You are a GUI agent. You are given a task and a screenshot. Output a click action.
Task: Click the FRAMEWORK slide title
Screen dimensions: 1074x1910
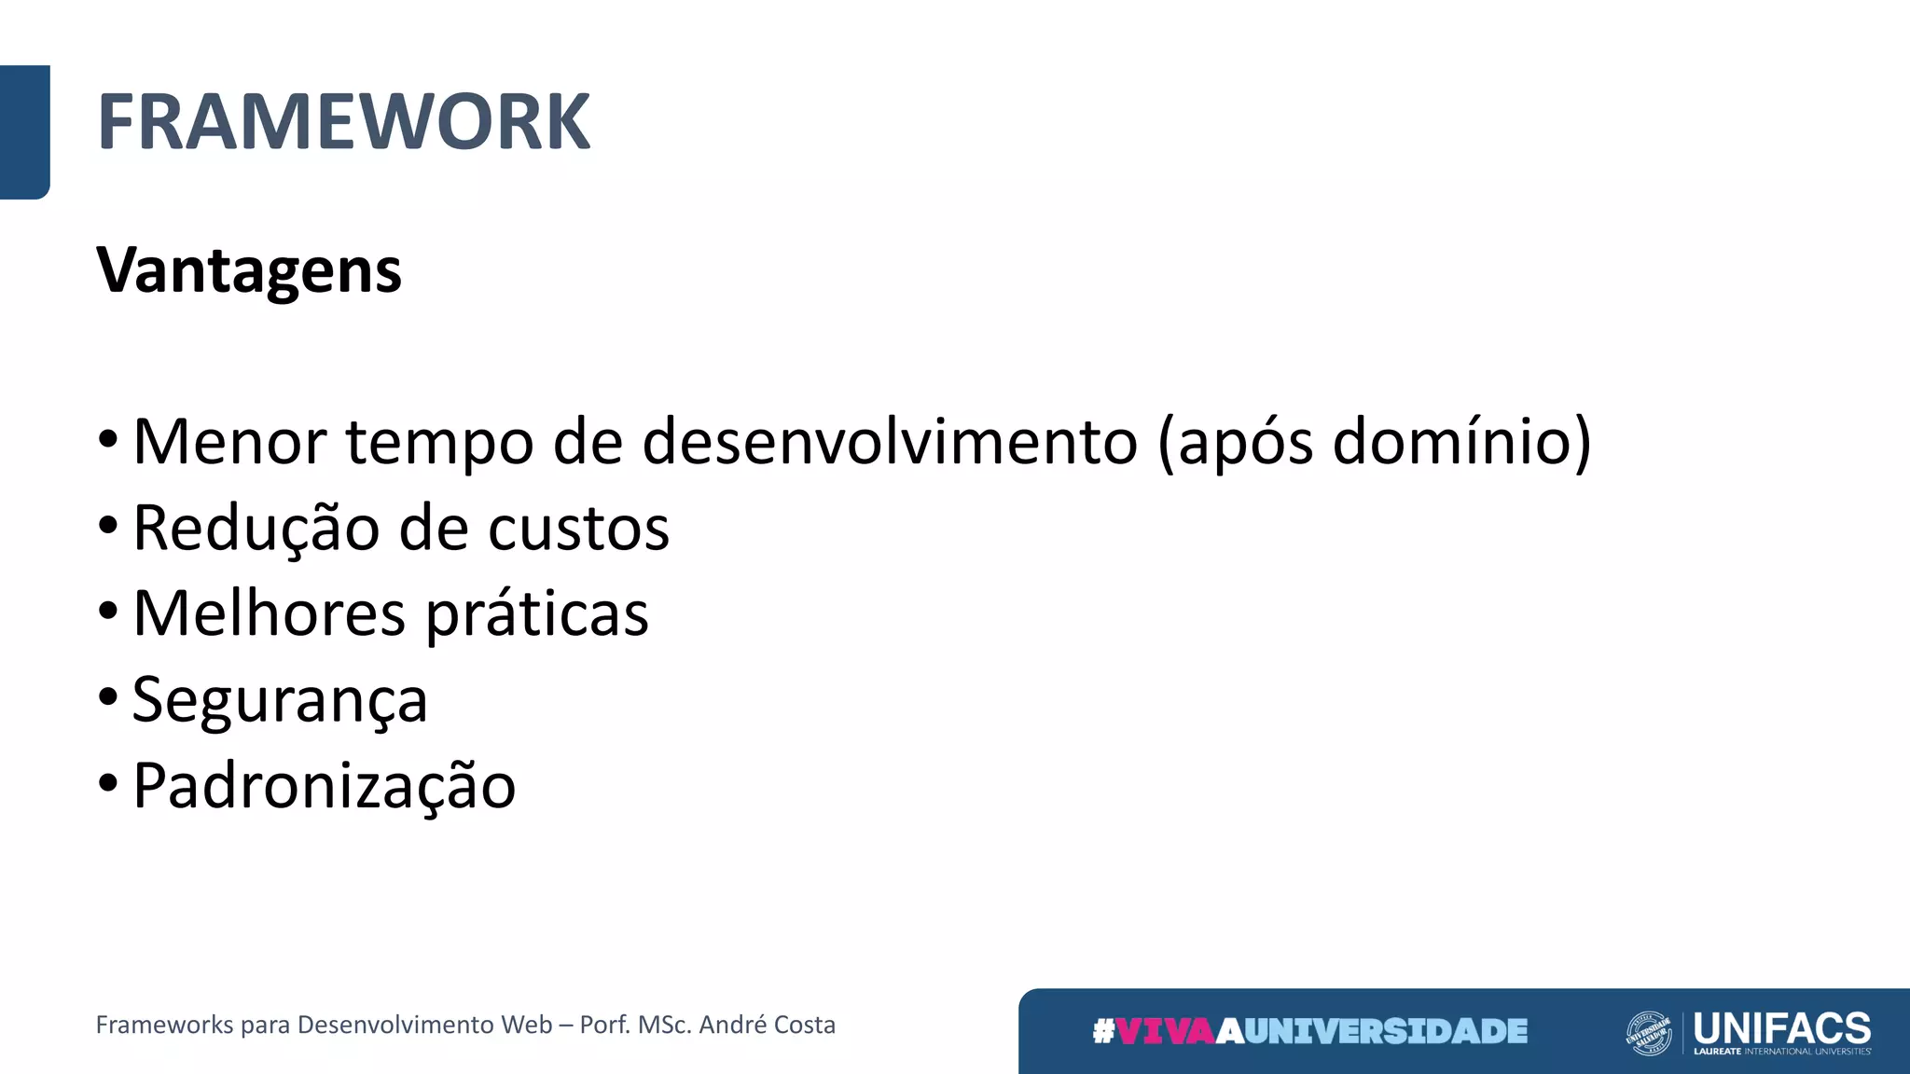(x=343, y=122)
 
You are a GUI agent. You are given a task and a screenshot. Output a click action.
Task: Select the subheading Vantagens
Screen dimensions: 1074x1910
(x=249, y=270)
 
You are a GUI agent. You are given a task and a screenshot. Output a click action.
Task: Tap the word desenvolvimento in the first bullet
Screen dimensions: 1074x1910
(x=890, y=441)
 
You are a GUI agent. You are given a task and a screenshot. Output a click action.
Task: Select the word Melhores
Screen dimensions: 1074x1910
(x=270, y=613)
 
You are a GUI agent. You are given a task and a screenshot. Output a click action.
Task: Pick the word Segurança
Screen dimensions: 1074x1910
(x=280, y=700)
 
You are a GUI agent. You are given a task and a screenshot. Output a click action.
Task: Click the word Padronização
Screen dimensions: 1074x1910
(x=324, y=786)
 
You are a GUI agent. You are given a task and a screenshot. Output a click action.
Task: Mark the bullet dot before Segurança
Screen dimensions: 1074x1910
(x=108, y=697)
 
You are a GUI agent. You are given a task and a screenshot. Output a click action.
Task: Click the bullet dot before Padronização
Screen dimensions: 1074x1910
(x=108, y=783)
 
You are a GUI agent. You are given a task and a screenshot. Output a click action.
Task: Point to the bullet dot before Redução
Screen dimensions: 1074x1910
(x=108, y=525)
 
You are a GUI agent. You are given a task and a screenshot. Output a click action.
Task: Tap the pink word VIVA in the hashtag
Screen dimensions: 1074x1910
(x=1166, y=1031)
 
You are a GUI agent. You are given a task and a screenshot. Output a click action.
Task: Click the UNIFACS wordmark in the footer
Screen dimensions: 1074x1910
(x=1781, y=1027)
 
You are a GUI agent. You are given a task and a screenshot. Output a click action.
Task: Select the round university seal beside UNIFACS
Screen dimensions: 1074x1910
(x=1649, y=1033)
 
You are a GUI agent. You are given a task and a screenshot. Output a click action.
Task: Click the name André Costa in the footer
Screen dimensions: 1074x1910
(x=767, y=1025)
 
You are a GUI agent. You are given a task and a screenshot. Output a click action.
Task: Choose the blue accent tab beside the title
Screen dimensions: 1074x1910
(x=24, y=131)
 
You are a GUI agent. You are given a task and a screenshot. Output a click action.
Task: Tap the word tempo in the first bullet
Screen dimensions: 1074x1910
(x=439, y=443)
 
